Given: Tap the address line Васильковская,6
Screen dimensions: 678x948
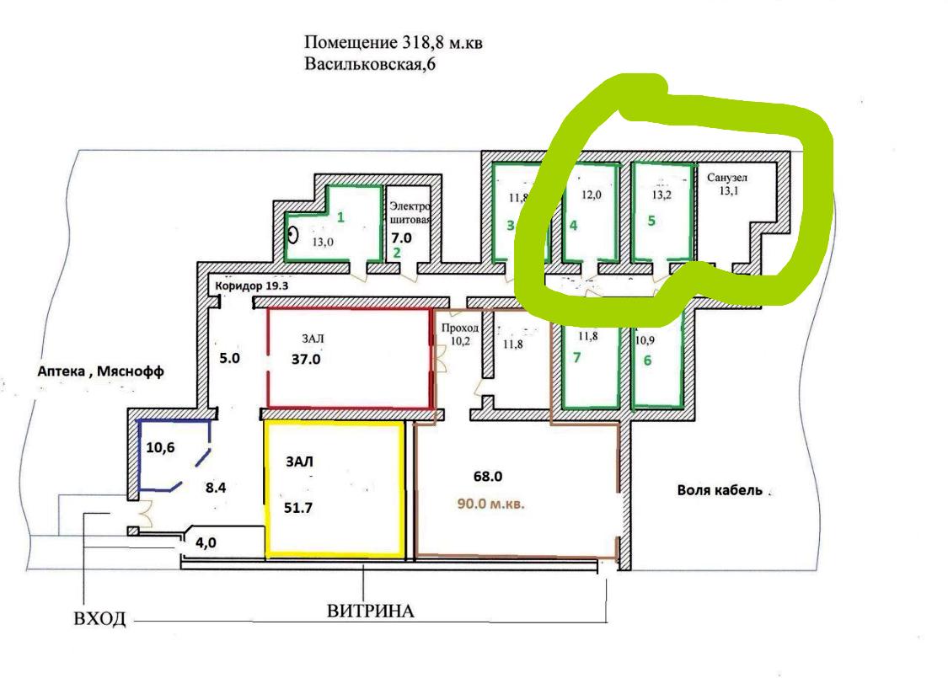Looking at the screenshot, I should pyautogui.click(x=370, y=64).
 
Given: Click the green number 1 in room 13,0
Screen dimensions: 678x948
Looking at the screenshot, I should pyautogui.click(x=340, y=217).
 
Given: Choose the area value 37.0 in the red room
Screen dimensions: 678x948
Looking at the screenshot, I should pyautogui.click(x=306, y=358).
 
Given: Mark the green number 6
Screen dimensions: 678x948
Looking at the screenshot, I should pyautogui.click(x=647, y=359).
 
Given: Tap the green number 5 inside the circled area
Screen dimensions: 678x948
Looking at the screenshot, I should pyautogui.click(x=650, y=225).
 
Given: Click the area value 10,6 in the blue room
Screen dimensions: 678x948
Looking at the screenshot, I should pyautogui.click(x=160, y=447).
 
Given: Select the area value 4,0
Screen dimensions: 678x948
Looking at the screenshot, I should pyautogui.click(x=206, y=543).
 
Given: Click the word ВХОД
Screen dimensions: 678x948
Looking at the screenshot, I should pyautogui.click(x=99, y=620).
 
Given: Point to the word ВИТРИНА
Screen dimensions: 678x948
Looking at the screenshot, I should pyautogui.click(x=371, y=611).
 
